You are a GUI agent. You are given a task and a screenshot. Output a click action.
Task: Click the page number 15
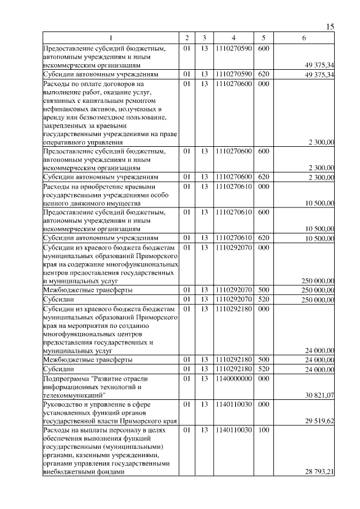330,26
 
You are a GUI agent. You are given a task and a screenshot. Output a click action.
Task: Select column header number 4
232,38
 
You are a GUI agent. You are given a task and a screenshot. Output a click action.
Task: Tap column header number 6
304,38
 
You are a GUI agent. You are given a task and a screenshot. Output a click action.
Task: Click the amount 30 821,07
319,395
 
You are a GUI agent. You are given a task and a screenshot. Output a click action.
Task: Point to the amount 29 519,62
319,420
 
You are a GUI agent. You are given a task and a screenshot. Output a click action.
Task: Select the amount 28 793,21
319,472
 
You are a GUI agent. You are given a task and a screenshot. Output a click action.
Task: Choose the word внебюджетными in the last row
67,472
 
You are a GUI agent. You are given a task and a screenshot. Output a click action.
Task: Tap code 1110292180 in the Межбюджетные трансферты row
232,359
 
